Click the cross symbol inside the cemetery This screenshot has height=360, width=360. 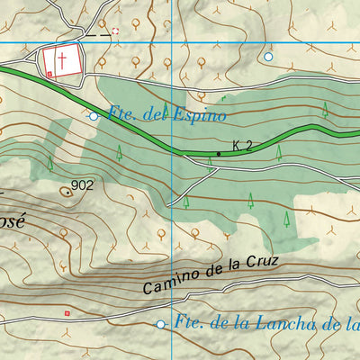tap(62, 60)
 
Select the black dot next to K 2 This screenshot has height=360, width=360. tap(218, 154)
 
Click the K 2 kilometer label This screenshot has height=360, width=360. tap(240, 145)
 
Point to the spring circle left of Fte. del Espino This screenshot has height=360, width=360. tap(94, 115)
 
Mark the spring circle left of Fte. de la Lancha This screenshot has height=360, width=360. tap(161, 324)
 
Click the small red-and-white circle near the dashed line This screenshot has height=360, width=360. tap(115, 31)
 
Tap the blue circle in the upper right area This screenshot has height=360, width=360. tap(268, 56)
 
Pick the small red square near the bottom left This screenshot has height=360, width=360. tap(66, 312)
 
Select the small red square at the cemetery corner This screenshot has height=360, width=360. tap(49, 75)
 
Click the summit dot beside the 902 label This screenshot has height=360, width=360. tap(67, 191)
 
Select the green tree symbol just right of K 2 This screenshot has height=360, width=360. tap(280, 152)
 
